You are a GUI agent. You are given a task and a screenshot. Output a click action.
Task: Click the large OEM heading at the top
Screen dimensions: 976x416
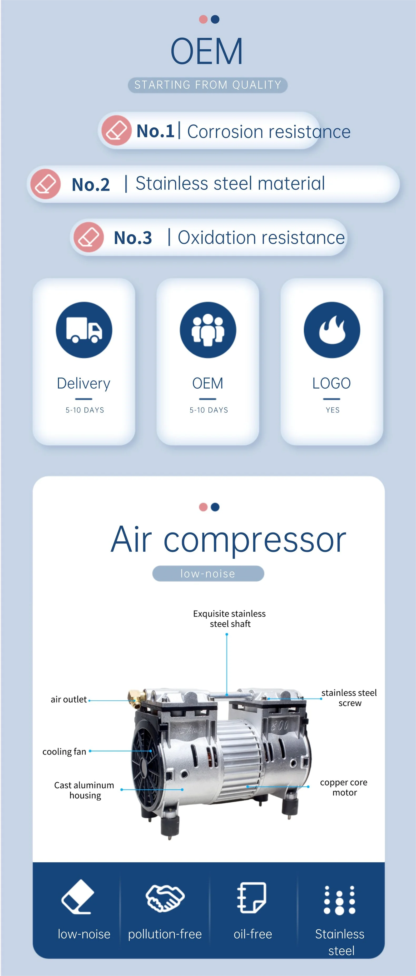pos(207,52)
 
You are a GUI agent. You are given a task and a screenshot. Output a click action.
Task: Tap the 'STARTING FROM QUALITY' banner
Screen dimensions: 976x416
pos(208,85)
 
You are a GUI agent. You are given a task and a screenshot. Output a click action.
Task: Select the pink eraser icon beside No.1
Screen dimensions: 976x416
pos(116,130)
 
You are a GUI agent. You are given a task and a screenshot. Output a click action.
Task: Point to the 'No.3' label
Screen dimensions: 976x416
pos(133,238)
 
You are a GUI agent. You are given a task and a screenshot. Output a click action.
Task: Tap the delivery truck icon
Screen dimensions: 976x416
pos(84,330)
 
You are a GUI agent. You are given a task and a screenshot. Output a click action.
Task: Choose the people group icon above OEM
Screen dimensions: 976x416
pos(208,330)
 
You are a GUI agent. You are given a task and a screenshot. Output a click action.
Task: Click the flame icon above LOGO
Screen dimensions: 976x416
pos(332,330)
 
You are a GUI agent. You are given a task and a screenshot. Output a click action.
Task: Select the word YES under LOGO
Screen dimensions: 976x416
pos(333,410)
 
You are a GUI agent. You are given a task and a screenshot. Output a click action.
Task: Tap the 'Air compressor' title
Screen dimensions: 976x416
pos(228,540)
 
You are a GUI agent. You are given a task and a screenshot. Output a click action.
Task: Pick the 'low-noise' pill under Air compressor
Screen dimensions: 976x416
pos(208,573)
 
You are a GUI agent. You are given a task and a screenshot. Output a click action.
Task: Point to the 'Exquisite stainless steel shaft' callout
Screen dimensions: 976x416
pos(229,618)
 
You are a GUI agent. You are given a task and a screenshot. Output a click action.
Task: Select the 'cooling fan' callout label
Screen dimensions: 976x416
pos(64,751)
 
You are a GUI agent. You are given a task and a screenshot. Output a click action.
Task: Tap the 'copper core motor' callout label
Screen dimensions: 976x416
pos(344,787)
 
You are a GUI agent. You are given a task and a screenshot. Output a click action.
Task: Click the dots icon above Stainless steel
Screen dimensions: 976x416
pos(339,900)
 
